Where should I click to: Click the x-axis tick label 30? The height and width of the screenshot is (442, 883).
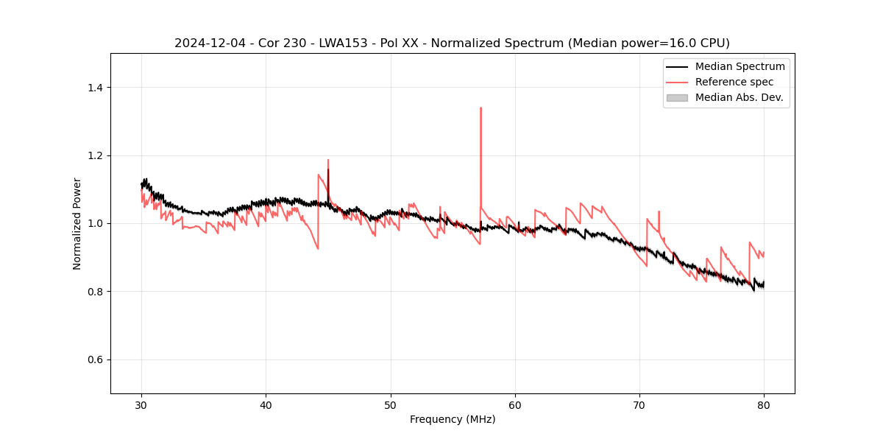tap(142, 404)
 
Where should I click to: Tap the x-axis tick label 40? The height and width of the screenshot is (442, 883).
tap(266, 404)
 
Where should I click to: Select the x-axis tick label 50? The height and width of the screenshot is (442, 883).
tap(391, 404)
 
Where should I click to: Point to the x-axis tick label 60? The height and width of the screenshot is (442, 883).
tap(515, 404)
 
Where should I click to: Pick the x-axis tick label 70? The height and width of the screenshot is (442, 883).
tap(639, 404)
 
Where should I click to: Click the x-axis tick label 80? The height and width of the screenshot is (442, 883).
tap(764, 404)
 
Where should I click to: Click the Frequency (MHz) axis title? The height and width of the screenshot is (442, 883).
tap(453, 419)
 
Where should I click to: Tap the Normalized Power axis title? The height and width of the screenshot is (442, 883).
tap(77, 223)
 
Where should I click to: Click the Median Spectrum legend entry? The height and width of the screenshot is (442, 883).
tap(740, 66)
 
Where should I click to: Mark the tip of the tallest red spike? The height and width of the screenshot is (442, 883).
tap(480, 108)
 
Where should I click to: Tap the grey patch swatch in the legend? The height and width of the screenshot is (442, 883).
tap(677, 97)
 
